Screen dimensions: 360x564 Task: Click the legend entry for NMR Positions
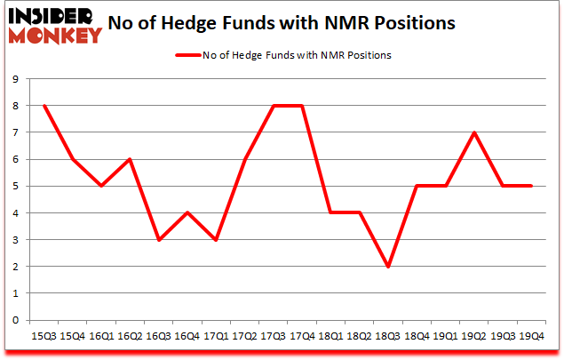pos(284,55)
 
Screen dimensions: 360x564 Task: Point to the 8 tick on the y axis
pos(16,106)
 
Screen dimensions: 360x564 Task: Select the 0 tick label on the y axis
pos(16,320)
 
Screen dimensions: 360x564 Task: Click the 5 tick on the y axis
pos(16,187)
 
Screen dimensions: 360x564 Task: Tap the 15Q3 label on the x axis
pos(44,335)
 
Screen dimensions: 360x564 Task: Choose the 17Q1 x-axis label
pos(215,335)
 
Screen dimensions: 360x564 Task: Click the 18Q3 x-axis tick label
pos(387,335)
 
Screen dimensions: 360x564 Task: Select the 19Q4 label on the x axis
pos(530,335)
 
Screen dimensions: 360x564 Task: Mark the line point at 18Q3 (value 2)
pos(387,267)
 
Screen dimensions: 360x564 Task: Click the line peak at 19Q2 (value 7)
pos(473,132)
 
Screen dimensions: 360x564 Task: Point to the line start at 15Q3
pos(44,106)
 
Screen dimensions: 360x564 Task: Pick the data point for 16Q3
pos(158,240)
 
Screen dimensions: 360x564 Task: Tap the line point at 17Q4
pos(302,106)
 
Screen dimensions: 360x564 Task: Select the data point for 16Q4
pos(187,213)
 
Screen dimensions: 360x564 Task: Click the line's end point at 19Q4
pos(530,186)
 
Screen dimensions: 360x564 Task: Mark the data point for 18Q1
pos(330,213)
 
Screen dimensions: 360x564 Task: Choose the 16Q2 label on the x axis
pos(130,335)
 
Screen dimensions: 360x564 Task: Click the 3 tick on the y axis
pos(16,240)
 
